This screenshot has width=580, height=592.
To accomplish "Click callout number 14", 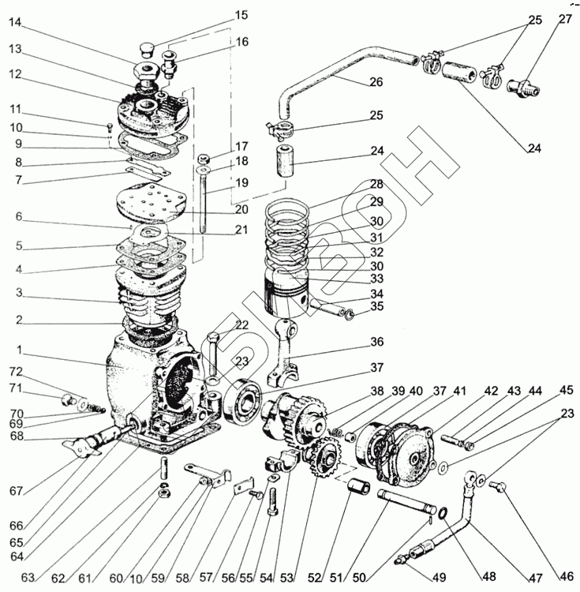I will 16,23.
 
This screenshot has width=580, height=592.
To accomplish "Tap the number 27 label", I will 566,20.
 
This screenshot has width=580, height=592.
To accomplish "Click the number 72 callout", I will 16,371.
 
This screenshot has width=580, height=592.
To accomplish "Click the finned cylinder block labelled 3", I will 154,296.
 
